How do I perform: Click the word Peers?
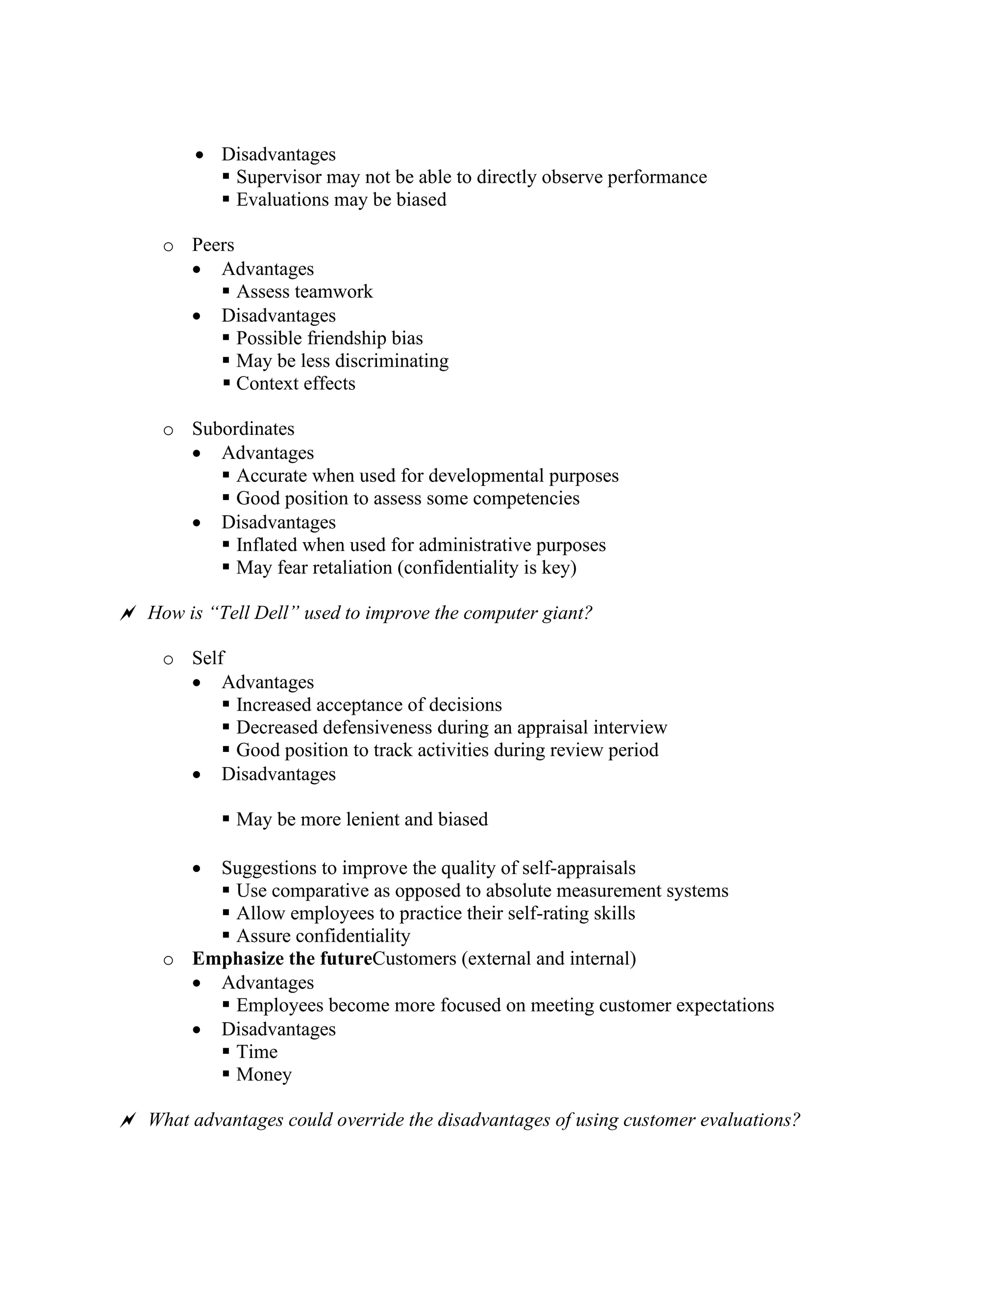click(x=213, y=245)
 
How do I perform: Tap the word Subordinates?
click(x=243, y=429)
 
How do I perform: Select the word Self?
click(x=208, y=658)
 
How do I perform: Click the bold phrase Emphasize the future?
click(x=282, y=959)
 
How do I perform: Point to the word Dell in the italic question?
click(x=271, y=613)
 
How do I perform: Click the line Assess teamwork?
click(x=304, y=292)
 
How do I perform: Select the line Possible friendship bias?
click(x=329, y=338)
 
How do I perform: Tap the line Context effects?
click(x=296, y=384)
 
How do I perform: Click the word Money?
click(x=264, y=1075)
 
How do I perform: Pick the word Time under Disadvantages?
click(x=257, y=1052)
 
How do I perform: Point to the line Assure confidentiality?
click(x=323, y=936)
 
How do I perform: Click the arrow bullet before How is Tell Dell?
click(x=127, y=613)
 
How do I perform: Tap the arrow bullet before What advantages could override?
click(x=127, y=1121)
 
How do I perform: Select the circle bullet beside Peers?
click(x=168, y=246)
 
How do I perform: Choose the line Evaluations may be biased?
click(x=341, y=200)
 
